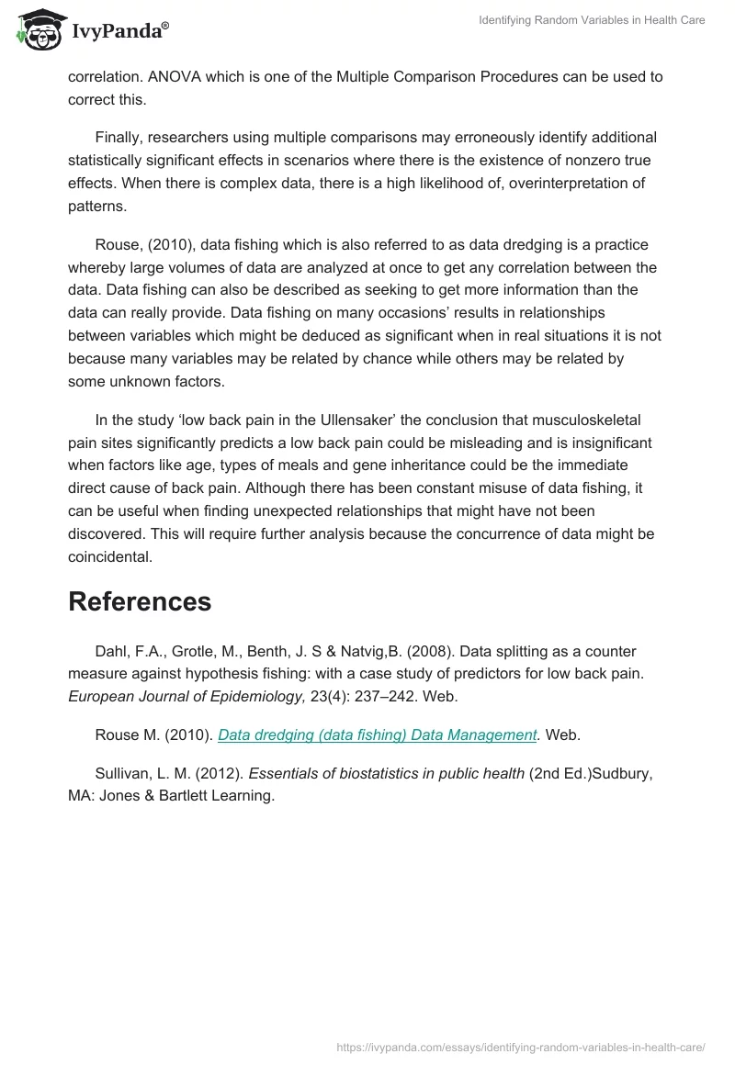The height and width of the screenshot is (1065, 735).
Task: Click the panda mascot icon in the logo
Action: point(34,30)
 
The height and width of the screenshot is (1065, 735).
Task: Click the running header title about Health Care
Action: point(592,20)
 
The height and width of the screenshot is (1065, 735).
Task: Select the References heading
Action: point(140,601)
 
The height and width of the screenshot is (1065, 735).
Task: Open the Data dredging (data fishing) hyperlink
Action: point(378,734)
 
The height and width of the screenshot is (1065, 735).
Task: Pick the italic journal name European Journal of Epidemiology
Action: point(187,697)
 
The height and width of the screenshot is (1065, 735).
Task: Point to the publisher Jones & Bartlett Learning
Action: point(190,795)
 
